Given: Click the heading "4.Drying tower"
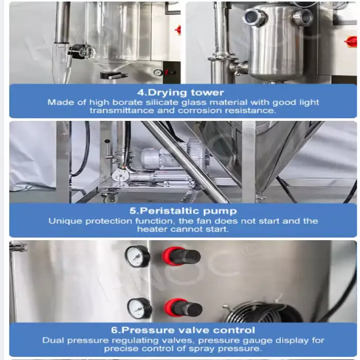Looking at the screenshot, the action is click(181, 93).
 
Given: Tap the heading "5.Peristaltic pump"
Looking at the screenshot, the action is click(183, 211).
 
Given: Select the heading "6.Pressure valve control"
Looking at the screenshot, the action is click(183, 330).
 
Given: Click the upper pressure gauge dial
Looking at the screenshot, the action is click(137, 256).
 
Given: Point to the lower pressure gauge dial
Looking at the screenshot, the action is click(139, 309).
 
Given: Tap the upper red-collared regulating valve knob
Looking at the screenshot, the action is click(182, 257).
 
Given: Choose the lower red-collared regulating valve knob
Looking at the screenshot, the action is click(184, 308).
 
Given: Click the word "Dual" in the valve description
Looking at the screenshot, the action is click(53, 340).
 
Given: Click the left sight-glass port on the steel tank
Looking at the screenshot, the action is click(255, 16).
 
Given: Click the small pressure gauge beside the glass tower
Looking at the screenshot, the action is click(157, 73).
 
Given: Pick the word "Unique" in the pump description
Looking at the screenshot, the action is click(65, 221).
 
